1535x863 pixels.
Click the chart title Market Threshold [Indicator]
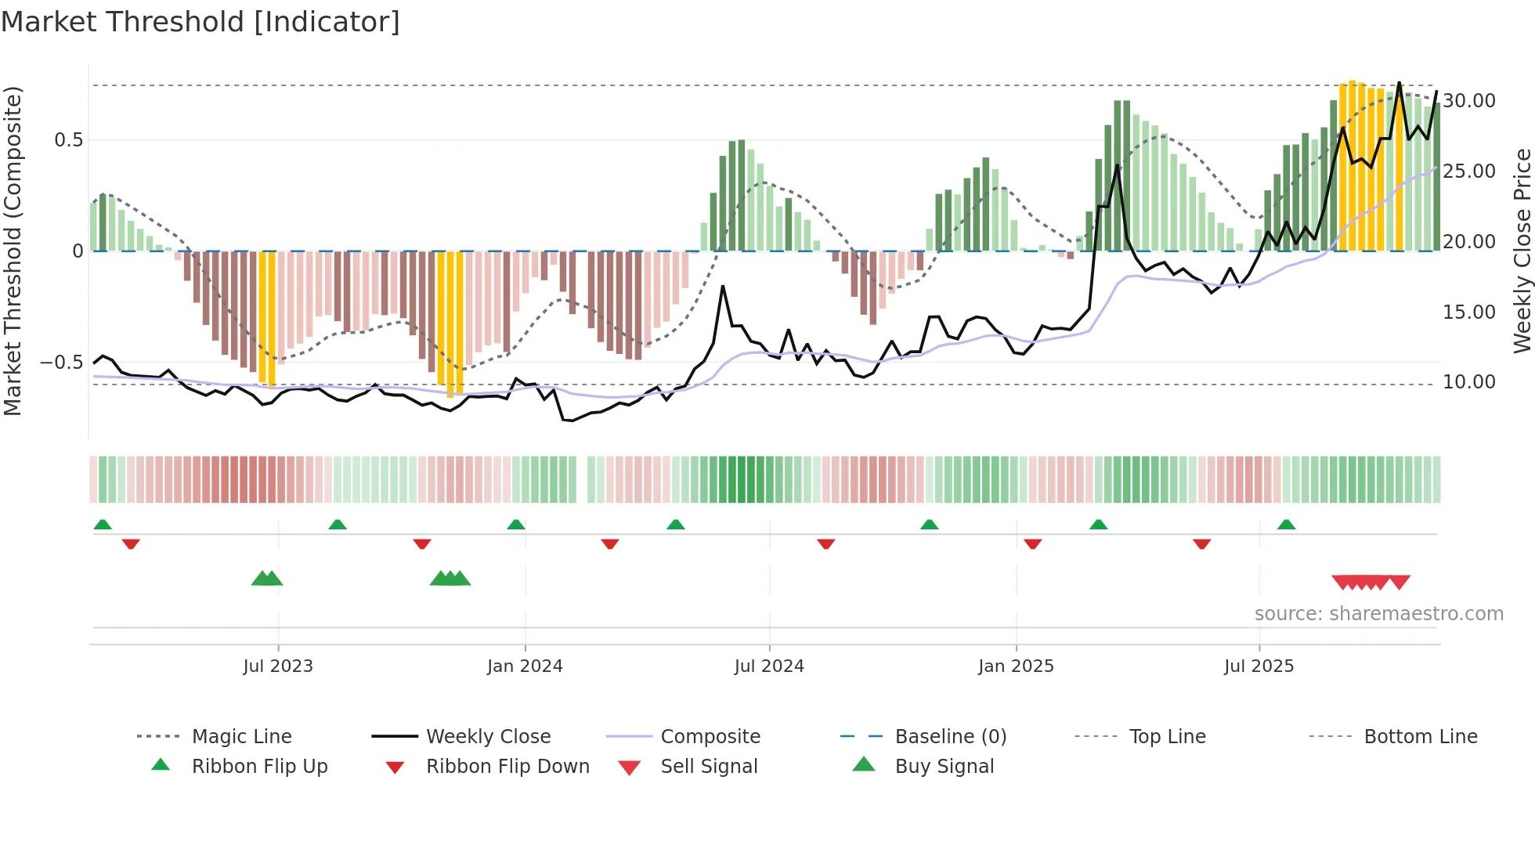200,22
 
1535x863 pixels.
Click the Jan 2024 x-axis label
525,666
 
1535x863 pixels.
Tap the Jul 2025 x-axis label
1259,666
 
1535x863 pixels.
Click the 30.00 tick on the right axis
1469,101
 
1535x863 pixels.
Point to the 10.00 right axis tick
1469,382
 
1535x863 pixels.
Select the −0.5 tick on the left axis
62,363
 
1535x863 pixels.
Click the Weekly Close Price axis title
1522,251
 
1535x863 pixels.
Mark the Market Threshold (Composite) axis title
13,251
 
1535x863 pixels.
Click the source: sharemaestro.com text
1378,614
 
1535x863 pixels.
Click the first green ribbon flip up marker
103,525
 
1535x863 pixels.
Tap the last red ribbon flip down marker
1201,543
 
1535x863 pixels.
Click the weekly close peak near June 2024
723,287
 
